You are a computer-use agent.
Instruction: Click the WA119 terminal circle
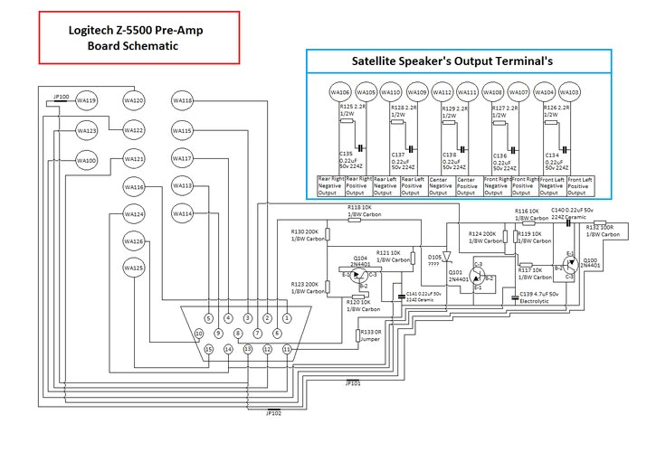[87, 100]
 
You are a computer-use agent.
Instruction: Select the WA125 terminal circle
[134, 268]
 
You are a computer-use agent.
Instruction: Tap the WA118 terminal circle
[183, 100]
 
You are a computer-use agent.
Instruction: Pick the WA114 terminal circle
[183, 214]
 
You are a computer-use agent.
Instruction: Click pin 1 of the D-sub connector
[287, 317]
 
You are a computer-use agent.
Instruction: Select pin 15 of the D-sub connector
[208, 349]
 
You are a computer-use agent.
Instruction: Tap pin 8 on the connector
[237, 334]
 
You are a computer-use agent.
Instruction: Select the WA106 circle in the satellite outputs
[339, 93]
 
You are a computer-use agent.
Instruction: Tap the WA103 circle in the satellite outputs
[572, 93]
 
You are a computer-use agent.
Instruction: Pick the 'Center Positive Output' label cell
[467, 185]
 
